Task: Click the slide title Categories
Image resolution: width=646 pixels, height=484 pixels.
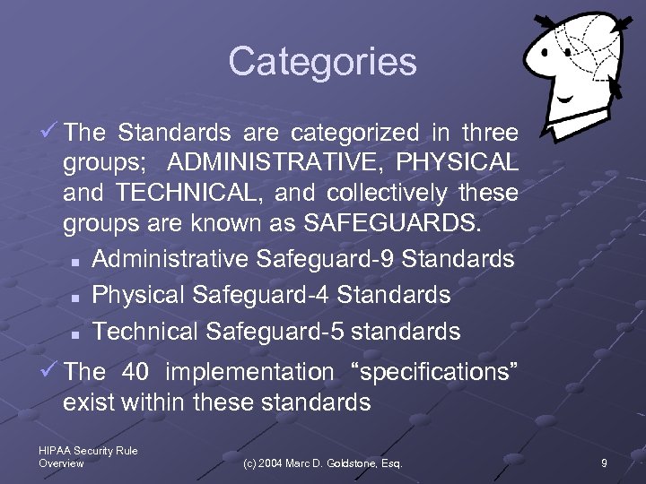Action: click(x=323, y=62)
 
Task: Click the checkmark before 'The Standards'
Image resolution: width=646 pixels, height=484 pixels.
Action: click(x=51, y=133)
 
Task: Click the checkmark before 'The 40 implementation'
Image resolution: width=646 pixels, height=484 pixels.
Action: click(x=51, y=370)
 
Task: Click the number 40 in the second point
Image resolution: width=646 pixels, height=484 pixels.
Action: click(x=135, y=371)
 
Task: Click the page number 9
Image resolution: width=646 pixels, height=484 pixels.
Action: click(x=604, y=463)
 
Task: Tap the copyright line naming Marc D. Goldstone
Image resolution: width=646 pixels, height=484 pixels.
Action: click(x=323, y=463)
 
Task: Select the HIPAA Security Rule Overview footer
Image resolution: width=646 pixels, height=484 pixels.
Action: click(x=88, y=457)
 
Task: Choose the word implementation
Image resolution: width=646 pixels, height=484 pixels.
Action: click(x=249, y=371)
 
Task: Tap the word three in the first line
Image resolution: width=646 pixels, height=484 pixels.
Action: click(x=489, y=133)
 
